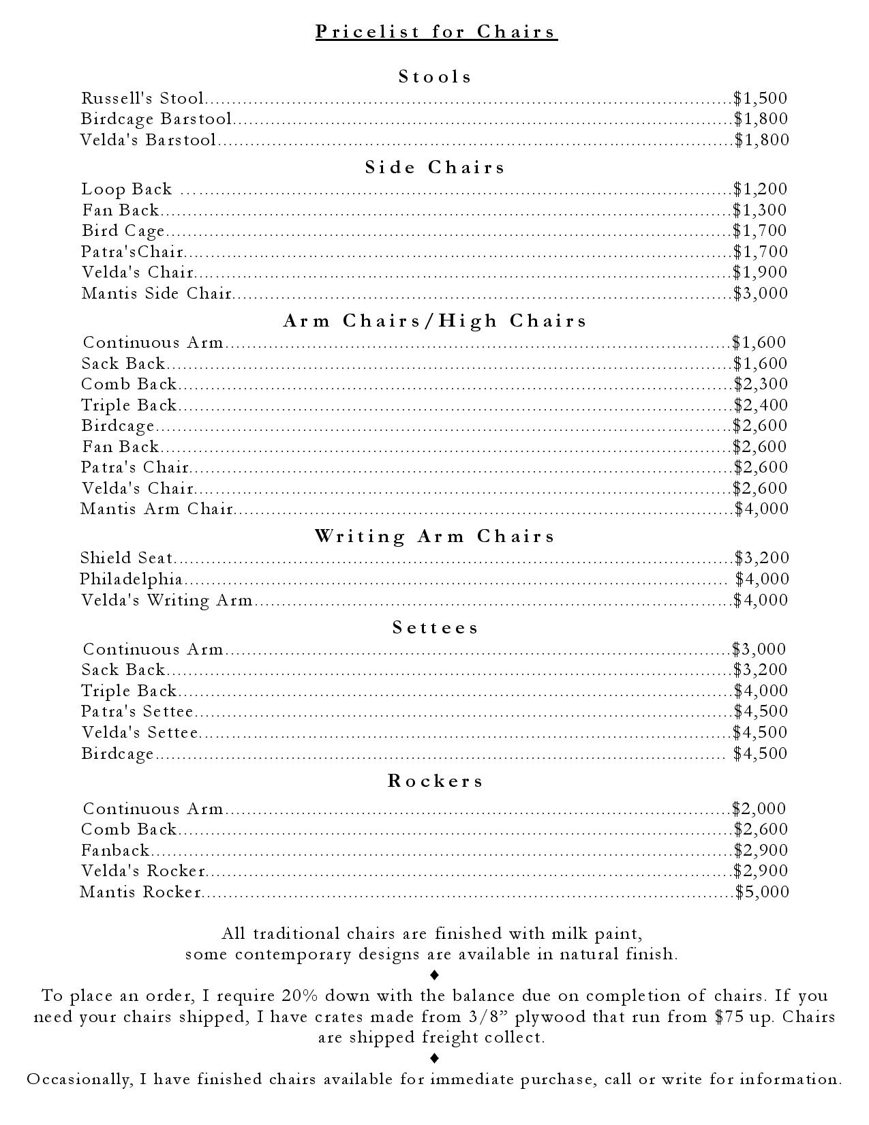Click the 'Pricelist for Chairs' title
436,32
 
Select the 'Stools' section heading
435,76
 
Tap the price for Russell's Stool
761,98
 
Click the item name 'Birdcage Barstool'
156,119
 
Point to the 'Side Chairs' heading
435,168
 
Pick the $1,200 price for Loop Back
760,189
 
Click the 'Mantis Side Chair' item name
157,294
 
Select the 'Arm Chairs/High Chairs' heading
435,321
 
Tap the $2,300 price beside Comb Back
761,385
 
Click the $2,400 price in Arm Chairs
761,405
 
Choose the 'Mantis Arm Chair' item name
157,509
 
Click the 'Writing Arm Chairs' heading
435,537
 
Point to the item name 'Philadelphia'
131,580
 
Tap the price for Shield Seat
762,558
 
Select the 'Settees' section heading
436,628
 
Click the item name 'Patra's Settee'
137,712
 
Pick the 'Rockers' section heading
436,781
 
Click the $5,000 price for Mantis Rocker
762,892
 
